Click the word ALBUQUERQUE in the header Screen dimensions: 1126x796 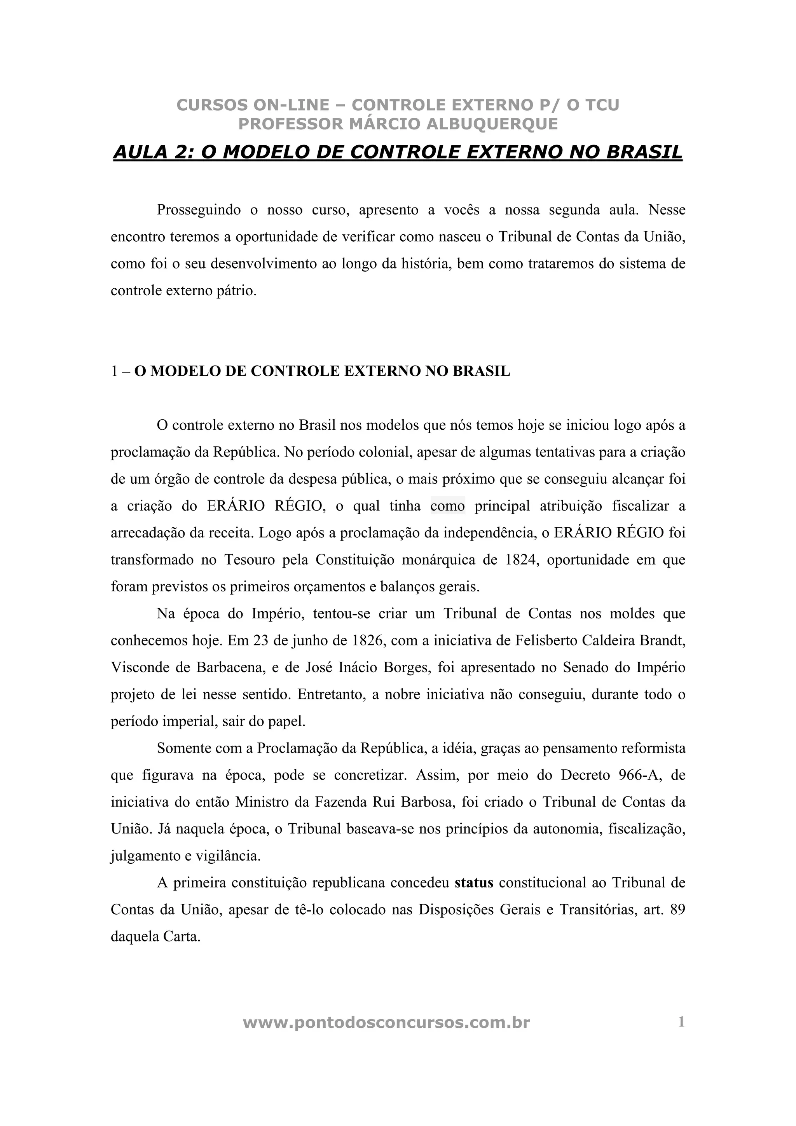492,124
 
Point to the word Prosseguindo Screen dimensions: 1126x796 199,210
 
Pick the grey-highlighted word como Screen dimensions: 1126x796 447,505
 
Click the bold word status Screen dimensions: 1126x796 474,883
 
